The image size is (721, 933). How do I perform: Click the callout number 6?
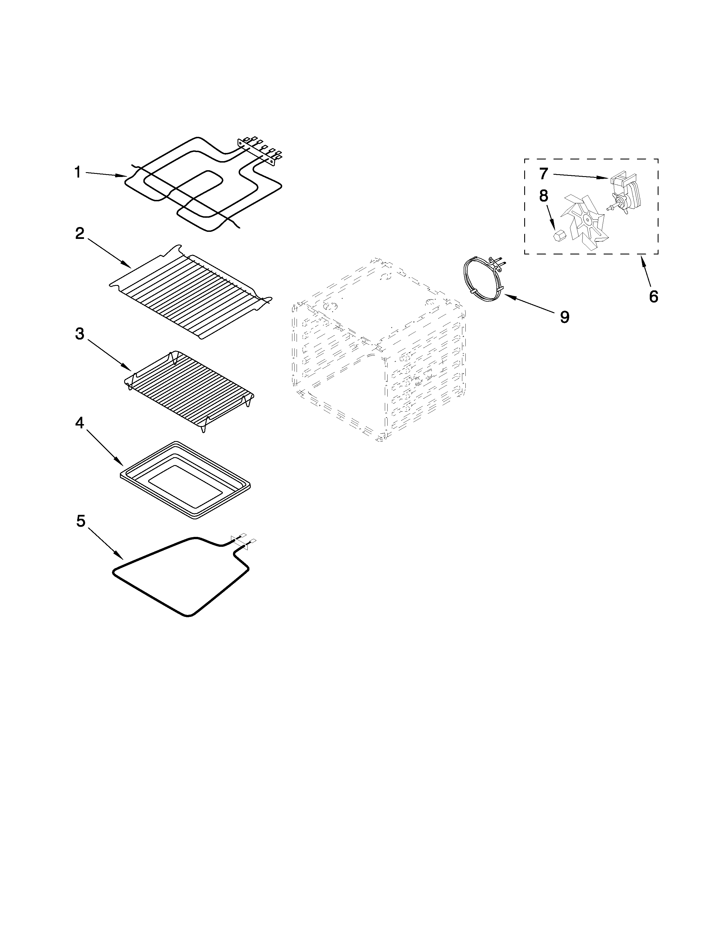click(653, 296)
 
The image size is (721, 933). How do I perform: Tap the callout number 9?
click(565, 317)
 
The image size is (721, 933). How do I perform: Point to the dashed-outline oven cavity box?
click(378, 350)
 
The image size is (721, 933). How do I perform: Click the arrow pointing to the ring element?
click(530, 304)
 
